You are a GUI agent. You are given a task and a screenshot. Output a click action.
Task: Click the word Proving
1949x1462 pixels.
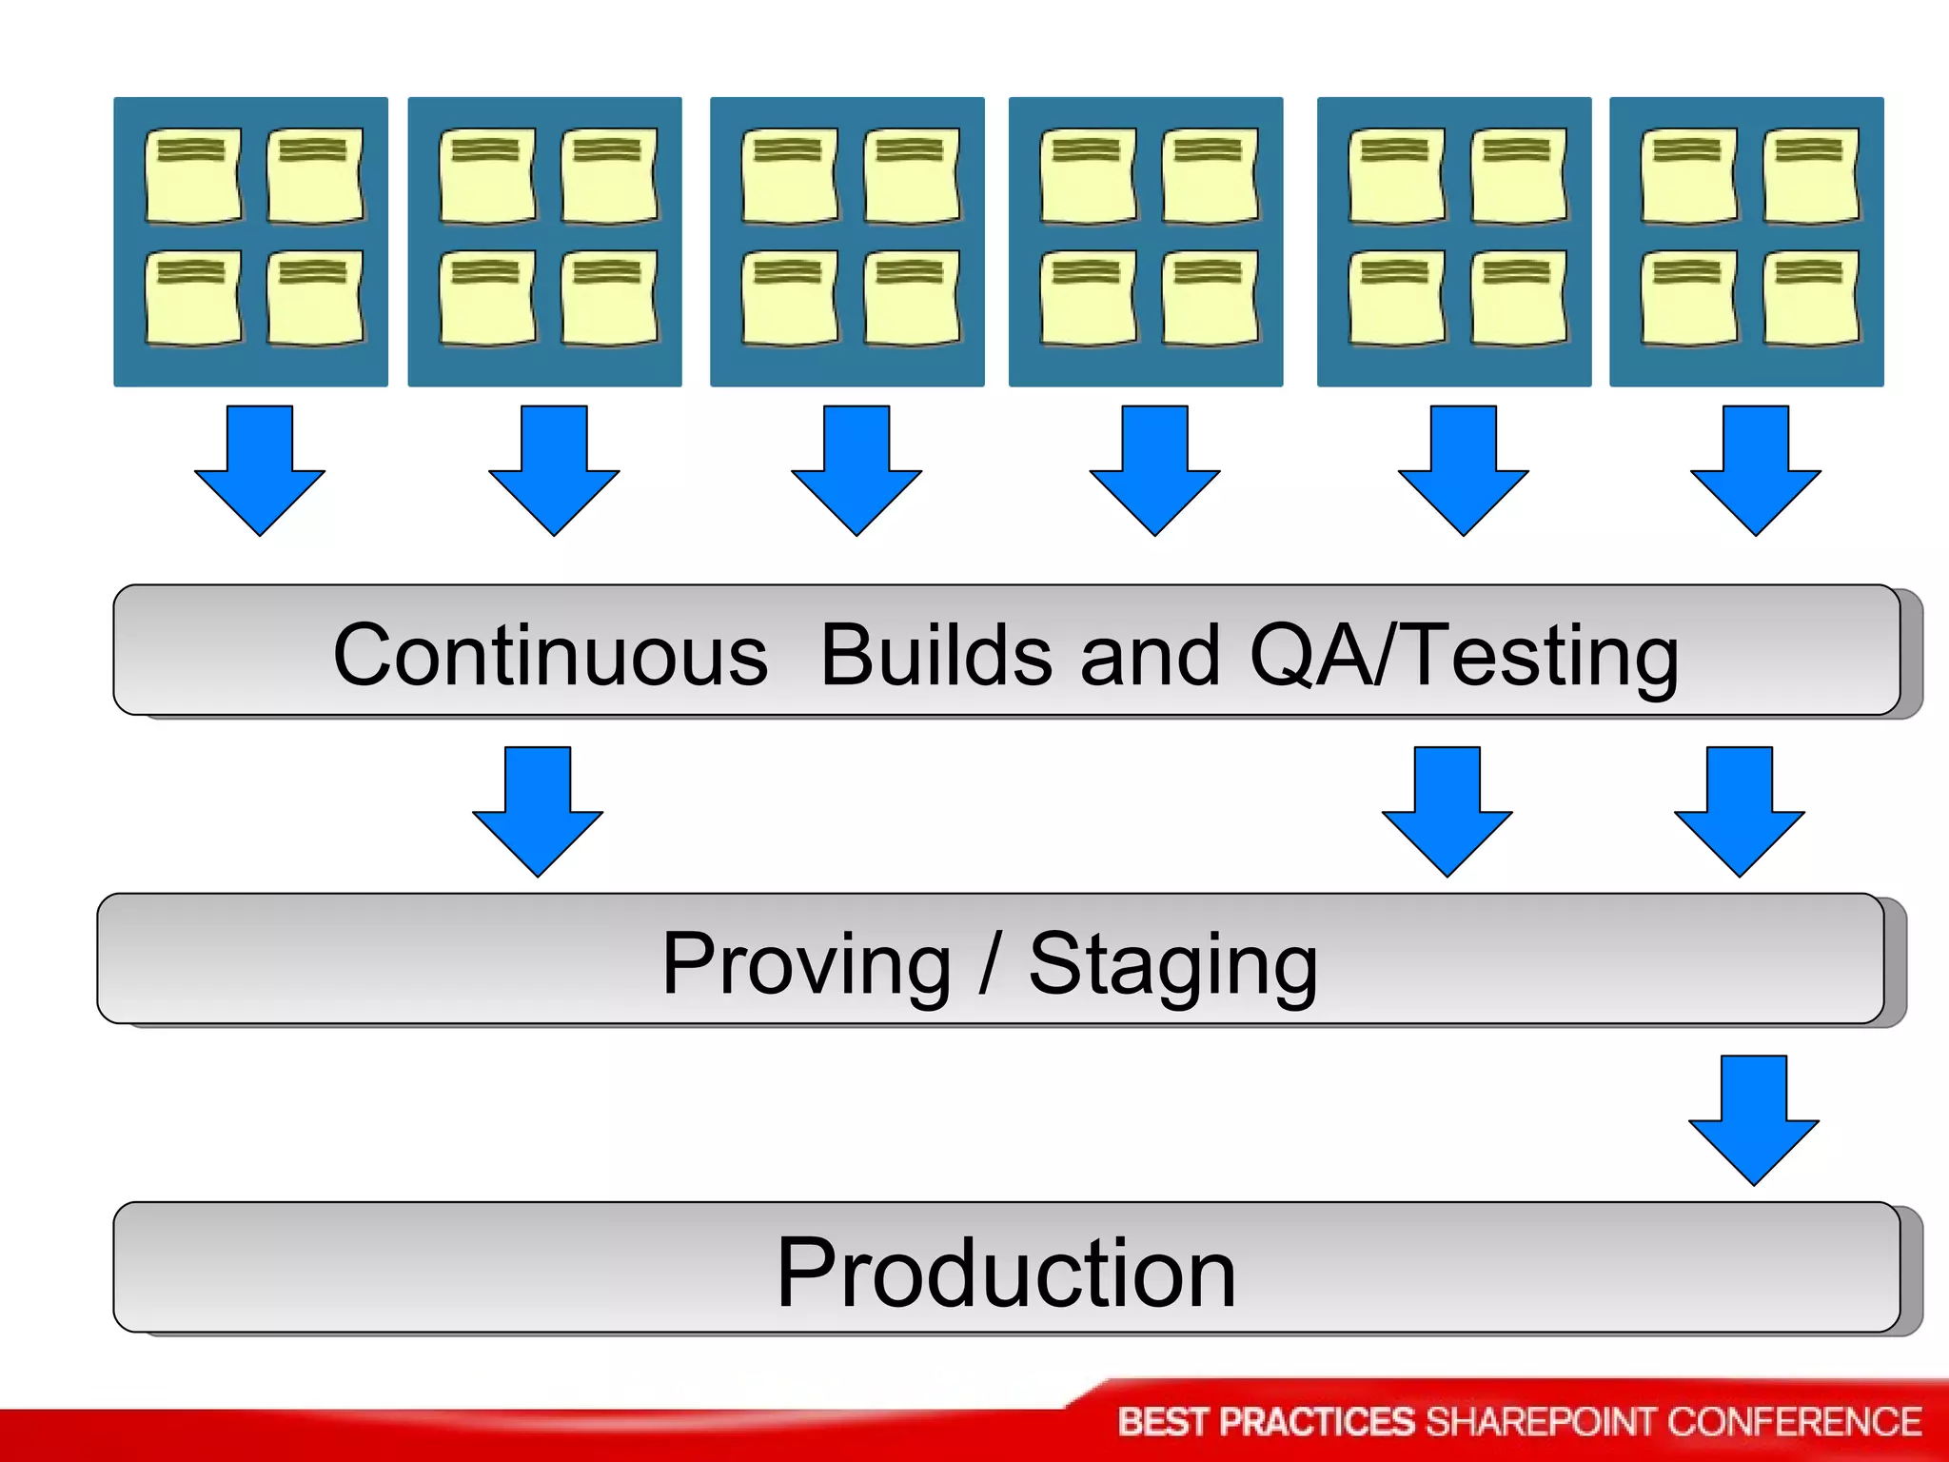coord(806,963)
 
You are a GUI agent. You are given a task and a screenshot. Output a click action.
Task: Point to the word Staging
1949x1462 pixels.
coord(1173,965)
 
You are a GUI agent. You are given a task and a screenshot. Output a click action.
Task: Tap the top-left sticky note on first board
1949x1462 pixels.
coord(192,177)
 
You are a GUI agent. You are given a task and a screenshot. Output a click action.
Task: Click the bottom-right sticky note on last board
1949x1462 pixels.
coord(1810,297)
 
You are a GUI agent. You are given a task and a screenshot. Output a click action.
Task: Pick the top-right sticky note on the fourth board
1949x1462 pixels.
coord(1209,177)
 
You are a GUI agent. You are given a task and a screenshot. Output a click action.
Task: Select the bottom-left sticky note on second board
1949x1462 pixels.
coord(486,297)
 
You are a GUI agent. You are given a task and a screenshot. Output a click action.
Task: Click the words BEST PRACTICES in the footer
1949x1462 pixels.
coord(1266,1422)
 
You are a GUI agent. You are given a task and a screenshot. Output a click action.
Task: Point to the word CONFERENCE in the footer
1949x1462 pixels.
coord(1794,1422)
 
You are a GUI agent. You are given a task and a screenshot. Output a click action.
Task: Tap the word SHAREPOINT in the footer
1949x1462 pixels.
coord(1542,1422)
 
